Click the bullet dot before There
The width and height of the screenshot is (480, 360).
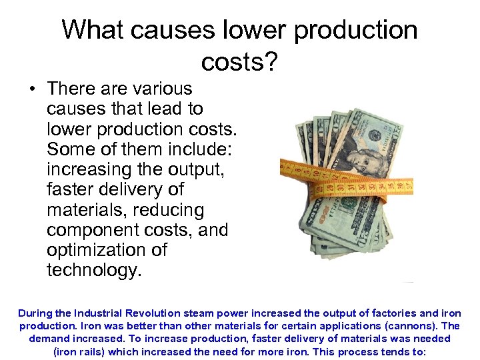[31, 89]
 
